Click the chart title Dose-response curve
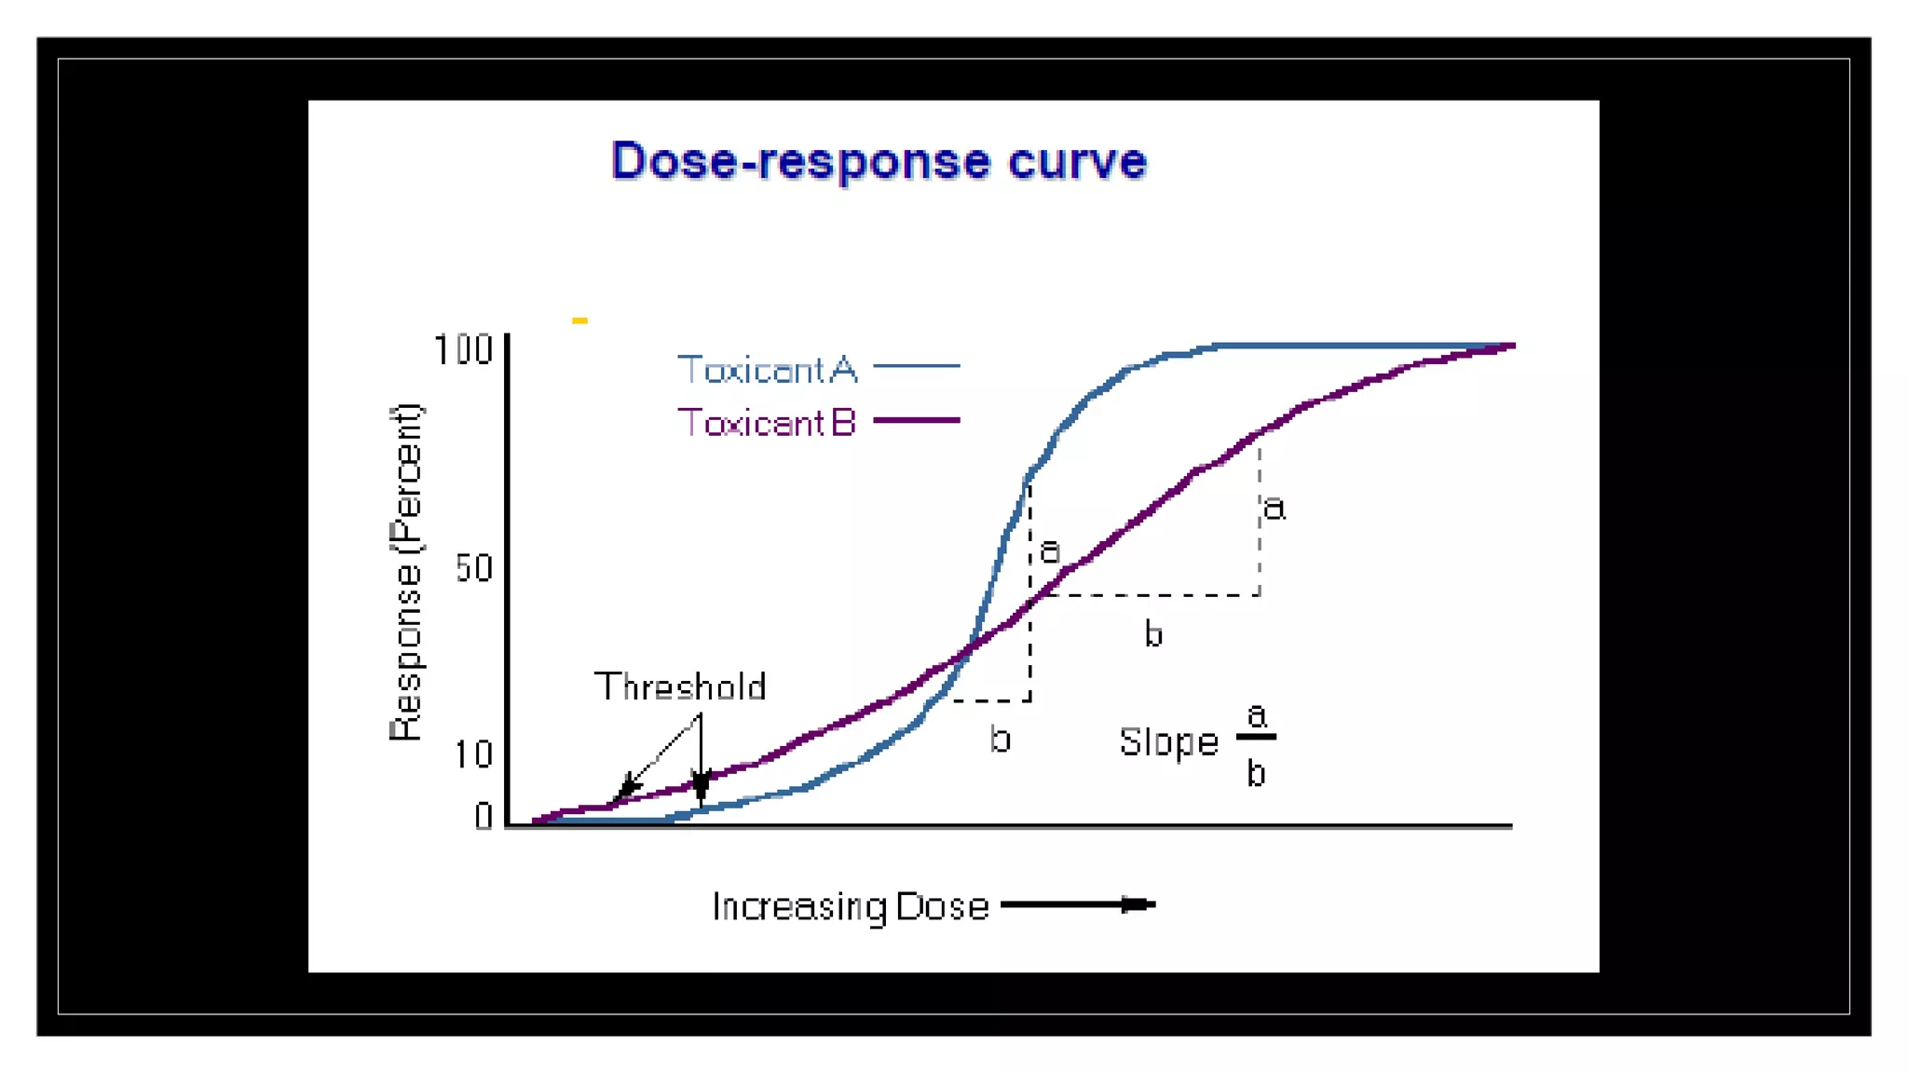pos(879,161)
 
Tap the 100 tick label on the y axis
pos(463,351)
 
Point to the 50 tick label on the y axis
pos(473,568)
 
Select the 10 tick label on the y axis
pos(473,754)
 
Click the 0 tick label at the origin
pos(484,817)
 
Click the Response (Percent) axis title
pos(406,572)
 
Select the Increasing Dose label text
pos(850,906)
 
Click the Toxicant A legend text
pos(767,370)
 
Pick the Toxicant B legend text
pos(766,423)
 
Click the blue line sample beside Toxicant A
pos(917,367)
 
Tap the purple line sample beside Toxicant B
pos(917,421)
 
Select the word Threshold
pos(680,687)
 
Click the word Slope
pos(1168,742)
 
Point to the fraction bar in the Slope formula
pos(1256,738)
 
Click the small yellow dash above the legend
pos(579,320)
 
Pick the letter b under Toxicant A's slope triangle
pos(1000,740)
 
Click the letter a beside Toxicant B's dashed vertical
pos(1274,509)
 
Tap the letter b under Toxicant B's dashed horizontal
pos(1153,634)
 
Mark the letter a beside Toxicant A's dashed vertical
pos(1050,550)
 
